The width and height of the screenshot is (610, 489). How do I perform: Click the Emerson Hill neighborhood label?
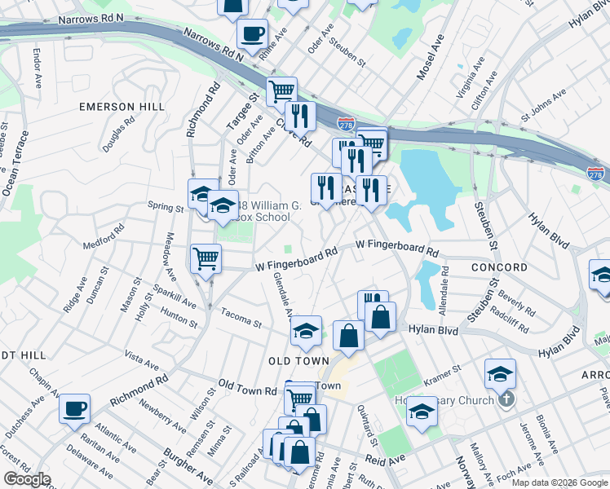122,107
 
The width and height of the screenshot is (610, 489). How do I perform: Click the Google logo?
27,479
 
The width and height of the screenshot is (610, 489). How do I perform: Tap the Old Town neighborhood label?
299,360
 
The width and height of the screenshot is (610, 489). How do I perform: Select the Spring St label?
166,208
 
